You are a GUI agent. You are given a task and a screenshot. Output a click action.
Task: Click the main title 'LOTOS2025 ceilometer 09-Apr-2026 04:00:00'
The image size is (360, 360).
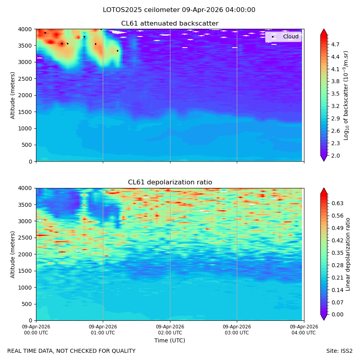(x=179, y=10)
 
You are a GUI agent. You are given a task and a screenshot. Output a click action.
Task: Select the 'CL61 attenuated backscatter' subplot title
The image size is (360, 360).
(x=170, y=24)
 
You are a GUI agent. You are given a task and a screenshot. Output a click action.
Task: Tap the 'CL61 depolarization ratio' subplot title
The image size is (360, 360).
(x=170, y=182)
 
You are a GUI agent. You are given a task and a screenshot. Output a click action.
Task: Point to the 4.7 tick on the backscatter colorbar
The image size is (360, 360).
(x=335, y=44)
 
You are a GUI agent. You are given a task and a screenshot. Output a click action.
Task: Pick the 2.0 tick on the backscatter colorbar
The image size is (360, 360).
(x=335, y=156)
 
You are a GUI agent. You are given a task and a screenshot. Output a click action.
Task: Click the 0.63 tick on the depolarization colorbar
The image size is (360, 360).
(x=337, y=203)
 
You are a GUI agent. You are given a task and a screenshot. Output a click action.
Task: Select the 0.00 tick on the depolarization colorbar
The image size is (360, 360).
(x=337, y=314)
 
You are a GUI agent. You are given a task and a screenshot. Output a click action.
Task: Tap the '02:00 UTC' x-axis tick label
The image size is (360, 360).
(x=170, y=333)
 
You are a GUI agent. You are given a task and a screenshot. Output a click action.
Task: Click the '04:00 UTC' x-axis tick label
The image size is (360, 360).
(x=304, y=333)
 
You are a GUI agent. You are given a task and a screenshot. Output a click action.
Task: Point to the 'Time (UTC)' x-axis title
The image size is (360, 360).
(x=170, y=340)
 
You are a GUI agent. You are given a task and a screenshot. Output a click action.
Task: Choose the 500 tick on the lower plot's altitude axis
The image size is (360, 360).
(x=28, y=304)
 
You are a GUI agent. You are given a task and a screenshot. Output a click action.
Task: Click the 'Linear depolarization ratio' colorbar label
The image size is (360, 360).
(x=348, y=254)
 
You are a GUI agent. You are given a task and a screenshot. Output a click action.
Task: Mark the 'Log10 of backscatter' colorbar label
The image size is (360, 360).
(x=346, y=96)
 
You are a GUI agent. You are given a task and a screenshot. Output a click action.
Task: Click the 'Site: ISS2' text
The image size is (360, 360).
(x=339, y=351)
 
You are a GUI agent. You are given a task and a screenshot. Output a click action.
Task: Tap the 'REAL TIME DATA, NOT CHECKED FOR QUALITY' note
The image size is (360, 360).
(x=72, y=351)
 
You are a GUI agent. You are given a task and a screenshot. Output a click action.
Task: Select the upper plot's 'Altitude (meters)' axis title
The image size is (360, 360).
(x=12, y=96)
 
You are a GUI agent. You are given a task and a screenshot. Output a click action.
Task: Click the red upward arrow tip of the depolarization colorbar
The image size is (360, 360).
(x=324, y=188)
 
